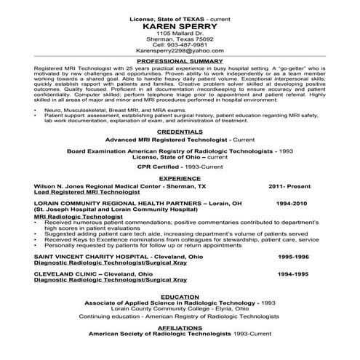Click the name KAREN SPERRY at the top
(x=180, y=25)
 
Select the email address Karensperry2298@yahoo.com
(x=180, y=52)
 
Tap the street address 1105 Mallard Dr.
(x=180, y=33)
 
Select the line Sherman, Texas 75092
(x=180, y=39)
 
